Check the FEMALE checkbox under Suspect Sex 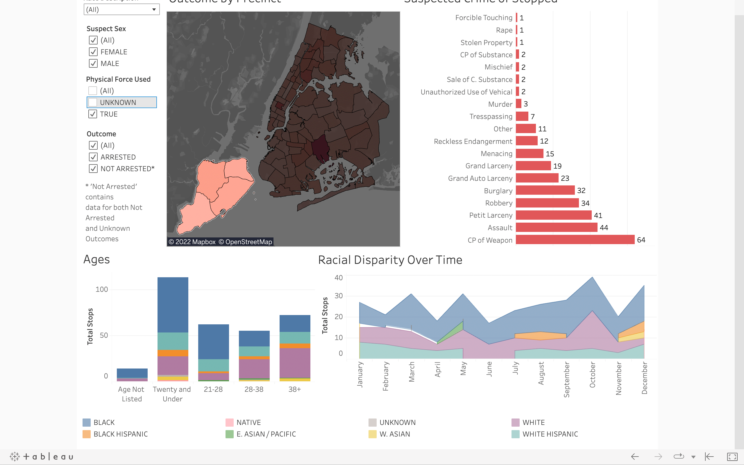(x=93, y=52)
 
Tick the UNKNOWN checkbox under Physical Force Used (x=93, y=102)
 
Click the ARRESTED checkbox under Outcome (x=93, y=157)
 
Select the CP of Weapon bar (x=575, y=239)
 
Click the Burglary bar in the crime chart (x=545, y=190)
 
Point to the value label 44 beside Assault (x=604, y=228)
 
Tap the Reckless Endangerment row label (x=473, y=141)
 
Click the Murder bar (x=518, y=104)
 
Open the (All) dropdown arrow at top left (x=154, y=10)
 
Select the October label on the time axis (x=592, y=374)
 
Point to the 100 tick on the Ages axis (x=102, y=289)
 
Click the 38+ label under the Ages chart (x=294, y=389)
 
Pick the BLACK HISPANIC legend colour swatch (x=87, y=434)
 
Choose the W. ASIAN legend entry (x=395, y=434)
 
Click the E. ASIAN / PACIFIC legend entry (x=266, y=434)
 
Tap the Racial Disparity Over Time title (x=390, y=260)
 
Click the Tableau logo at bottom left (x=42, y=456)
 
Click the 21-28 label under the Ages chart (x=213, y=389)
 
